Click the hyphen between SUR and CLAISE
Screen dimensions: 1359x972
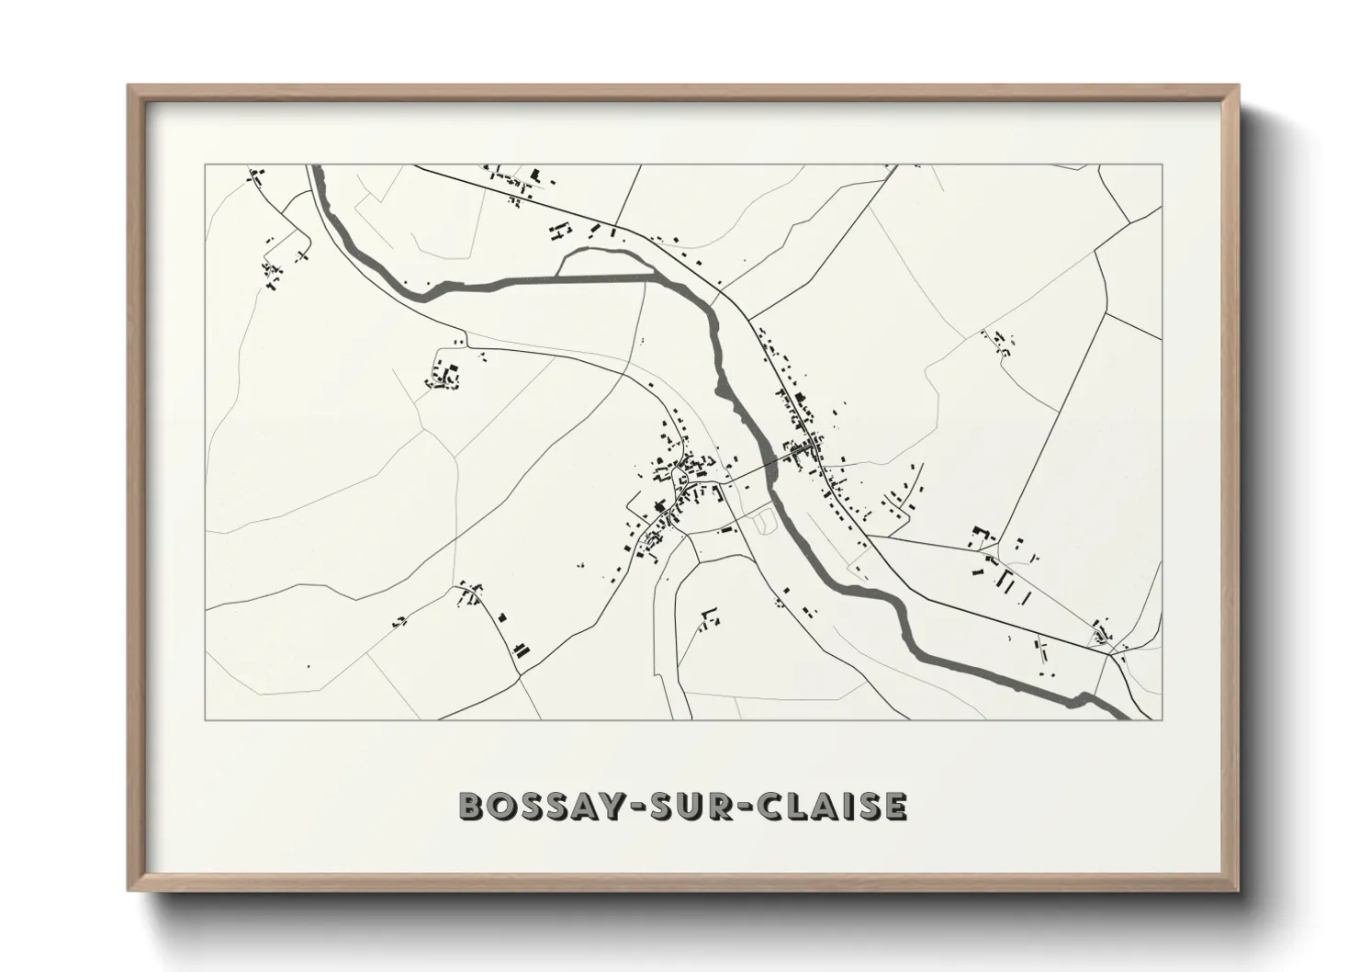742,807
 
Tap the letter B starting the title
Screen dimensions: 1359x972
470,806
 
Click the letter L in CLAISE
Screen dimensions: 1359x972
792,806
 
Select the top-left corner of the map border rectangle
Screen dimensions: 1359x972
206,165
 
